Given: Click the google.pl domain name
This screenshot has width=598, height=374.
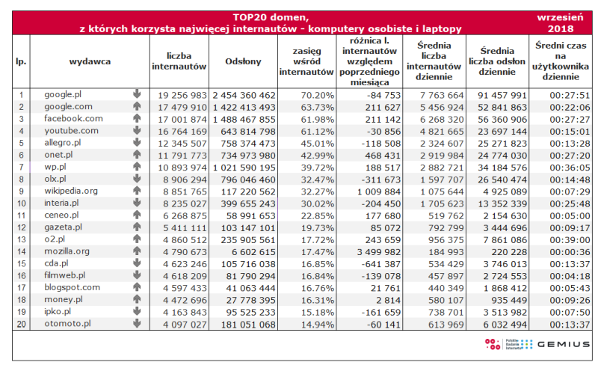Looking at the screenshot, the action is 63,95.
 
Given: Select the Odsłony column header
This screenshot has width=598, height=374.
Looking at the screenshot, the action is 243,61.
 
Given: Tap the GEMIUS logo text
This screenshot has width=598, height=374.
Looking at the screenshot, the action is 564,344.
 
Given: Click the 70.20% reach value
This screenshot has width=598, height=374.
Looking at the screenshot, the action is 317,96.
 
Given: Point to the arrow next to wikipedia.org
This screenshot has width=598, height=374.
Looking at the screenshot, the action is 137,191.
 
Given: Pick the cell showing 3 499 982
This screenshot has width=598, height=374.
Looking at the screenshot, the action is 379,252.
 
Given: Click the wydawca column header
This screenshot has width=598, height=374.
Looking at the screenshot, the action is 90,61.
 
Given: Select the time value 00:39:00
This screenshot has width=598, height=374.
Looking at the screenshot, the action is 570,240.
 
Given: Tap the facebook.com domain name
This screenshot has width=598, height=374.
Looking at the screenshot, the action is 73,119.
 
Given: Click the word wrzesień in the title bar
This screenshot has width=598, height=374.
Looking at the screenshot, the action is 560,17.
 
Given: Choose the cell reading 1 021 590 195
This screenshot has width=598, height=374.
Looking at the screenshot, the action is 244,168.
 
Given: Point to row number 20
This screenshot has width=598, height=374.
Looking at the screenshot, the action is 22,324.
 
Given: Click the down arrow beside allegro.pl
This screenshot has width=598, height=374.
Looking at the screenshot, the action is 137,143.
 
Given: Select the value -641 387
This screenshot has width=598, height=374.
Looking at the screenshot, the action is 380,264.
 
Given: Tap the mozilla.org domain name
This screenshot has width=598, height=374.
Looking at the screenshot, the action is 67,251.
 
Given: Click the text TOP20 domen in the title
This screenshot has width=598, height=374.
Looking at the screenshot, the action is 271,17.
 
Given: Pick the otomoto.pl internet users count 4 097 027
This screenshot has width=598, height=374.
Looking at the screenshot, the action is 185,325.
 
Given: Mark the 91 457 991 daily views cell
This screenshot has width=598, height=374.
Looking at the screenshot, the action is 502,96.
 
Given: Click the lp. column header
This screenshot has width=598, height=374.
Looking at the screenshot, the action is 21,61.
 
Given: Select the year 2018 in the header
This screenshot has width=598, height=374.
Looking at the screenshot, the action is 560,28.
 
